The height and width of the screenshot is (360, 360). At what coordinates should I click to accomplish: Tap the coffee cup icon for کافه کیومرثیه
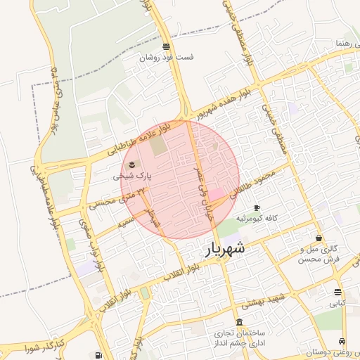click(257, 208)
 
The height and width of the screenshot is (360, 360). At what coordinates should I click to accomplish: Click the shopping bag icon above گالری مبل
click(320, 238)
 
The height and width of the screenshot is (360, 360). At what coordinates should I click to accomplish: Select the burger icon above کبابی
click(338, 292)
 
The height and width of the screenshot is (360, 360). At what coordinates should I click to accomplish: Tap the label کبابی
click(339, 304)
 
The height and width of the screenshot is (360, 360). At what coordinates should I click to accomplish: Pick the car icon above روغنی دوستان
click(342, 342)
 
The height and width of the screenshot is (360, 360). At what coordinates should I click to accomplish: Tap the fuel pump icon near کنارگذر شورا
click(96, 355)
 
